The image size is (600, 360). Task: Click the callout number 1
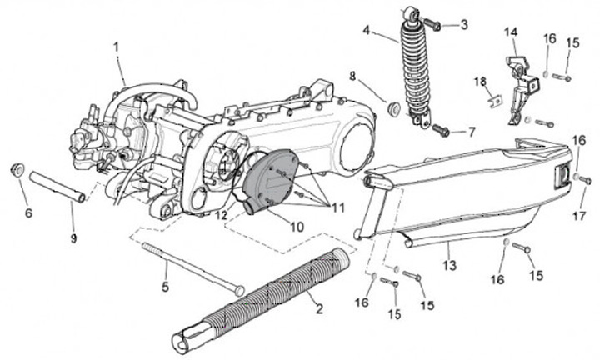pyautogui.click(x=117, y=47)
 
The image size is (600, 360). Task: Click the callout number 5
pyautogui.click(x=165, y=287)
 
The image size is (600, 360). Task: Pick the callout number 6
pyautogui.click(x=27, y=213)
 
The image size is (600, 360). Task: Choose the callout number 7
pyautogui.click(x=471, y=132)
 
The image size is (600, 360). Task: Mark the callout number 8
pyautogui.click(x=352, y=76)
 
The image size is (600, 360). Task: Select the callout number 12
pyautogui.click(x=222, y=215)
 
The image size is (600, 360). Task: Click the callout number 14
pyautogui.click(x=510, y=32)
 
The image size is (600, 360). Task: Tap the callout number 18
pyautogui.click(x=480, y=81)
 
